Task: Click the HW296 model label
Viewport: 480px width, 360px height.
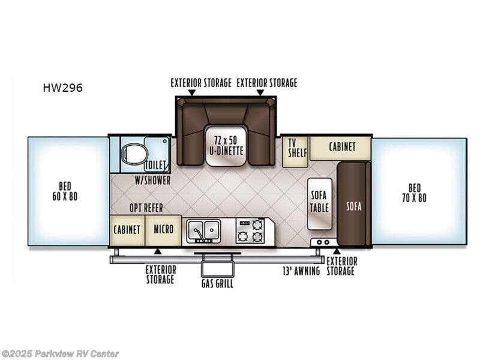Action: (x=62, y=88)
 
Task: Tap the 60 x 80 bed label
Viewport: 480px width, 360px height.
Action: (x=68, y=191)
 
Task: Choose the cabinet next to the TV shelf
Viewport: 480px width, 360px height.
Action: (x=341, y=147)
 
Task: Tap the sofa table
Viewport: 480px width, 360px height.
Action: (x=318, y=203)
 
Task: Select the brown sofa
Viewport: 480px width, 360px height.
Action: (x=353, y=204)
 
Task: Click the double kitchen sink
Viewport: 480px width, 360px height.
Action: (x=203, y=230)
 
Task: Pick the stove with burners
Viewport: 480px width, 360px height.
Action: (x=250, y=230)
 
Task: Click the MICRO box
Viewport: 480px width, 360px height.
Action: (x=163, y=230)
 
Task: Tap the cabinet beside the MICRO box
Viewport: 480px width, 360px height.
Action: (x=127, y=230)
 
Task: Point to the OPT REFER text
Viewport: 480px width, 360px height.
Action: (x=146, y=208)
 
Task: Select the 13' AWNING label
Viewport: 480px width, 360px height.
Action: (x=302, y=271)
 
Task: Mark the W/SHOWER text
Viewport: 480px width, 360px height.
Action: (x=152, y=180)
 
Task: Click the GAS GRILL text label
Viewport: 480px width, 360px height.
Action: (x=217, y=283)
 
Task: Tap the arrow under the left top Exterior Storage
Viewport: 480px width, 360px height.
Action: (x=191, y=93)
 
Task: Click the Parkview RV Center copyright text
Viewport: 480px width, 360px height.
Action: (x=60, y=353)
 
